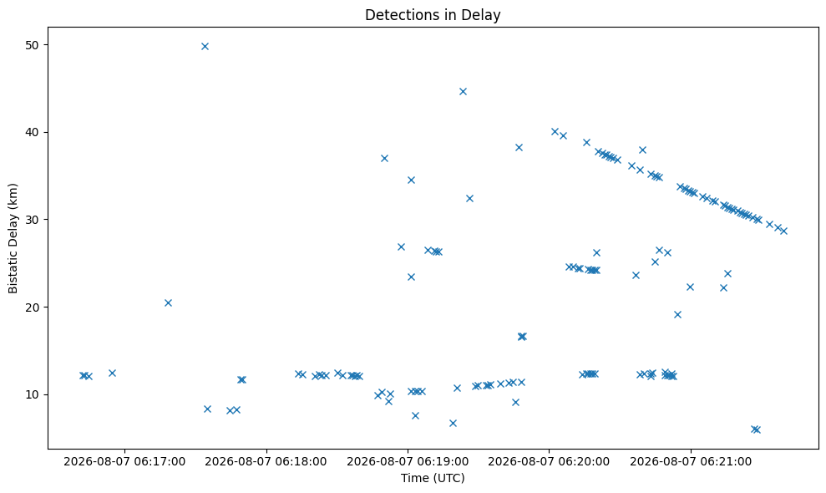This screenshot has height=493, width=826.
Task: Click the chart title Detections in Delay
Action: click(433, 15)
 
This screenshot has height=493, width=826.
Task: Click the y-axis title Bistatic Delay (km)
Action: click(13, 238)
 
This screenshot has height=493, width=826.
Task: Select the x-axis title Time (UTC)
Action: click(433, 478)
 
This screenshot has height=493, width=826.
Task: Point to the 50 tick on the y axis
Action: click(32, 45)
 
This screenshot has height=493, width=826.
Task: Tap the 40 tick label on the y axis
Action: click(32, 132)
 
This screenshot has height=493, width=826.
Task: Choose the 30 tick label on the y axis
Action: click(32, 220)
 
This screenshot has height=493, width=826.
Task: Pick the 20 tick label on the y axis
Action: click(32, 307)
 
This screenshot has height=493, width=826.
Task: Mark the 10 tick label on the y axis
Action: click(32, 395)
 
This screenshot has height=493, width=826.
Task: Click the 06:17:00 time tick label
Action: click(124, 462)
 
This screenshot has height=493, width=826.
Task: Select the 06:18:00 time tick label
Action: click(266, 462)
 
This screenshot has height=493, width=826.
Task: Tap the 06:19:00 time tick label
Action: click(408, 462)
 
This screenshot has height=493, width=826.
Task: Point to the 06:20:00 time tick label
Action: click(549, 462)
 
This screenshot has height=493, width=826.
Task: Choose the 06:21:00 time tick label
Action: click(691, 462)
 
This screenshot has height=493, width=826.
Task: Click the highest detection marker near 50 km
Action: click(205, 47)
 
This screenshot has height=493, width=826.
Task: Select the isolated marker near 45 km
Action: click(463, 92)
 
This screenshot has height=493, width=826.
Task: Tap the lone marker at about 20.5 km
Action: click(168, 303)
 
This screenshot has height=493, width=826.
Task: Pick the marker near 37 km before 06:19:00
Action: click(384, 159)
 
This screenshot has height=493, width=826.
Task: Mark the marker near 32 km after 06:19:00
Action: click(469, 199)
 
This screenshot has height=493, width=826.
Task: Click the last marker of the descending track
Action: click(783, 231)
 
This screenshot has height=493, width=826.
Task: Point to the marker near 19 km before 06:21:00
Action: click(677, 315)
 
